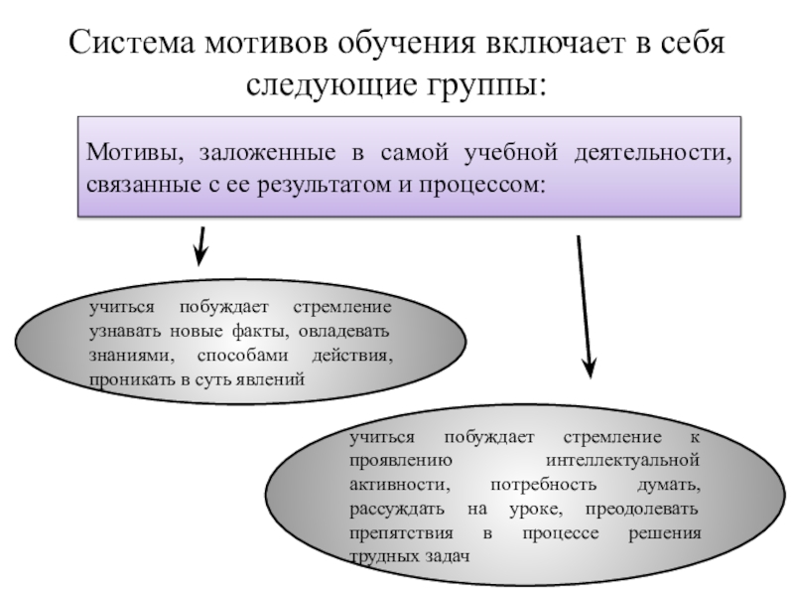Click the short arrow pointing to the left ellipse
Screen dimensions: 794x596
click(200, 244)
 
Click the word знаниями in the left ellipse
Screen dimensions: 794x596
click(120, 355)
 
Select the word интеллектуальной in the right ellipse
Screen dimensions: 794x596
click(623, 461)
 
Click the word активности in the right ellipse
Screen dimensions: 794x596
click(390, 486)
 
